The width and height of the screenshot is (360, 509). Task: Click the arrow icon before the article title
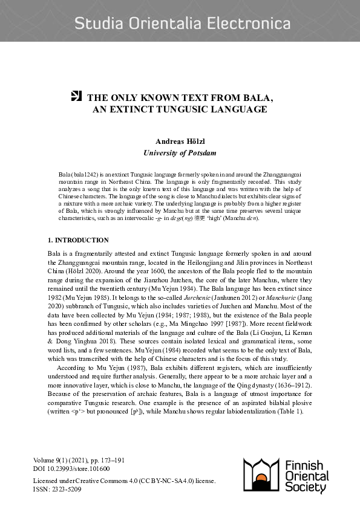(76, 96)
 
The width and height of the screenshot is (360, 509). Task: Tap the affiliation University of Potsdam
(180, 153)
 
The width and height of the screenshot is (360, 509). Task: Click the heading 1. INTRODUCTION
(78, 240)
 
